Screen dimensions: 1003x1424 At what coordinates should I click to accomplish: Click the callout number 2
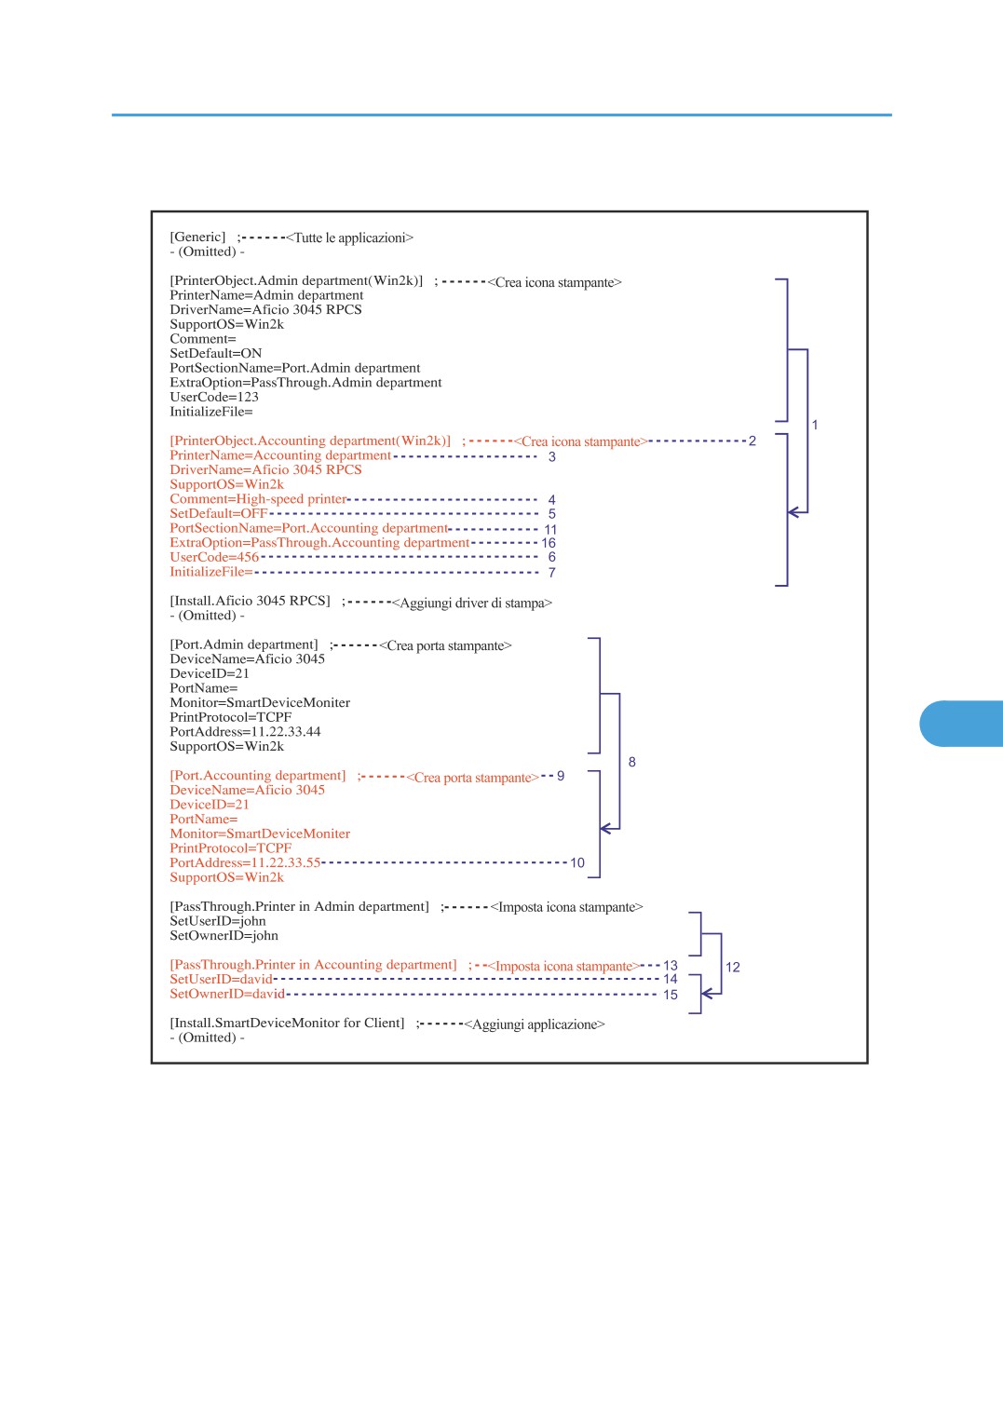752,441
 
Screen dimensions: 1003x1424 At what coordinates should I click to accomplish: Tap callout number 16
548,543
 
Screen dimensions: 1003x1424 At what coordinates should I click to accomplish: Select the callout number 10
577,862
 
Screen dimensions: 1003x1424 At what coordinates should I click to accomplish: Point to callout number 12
732,967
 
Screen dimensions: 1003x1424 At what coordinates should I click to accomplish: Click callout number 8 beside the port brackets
631,762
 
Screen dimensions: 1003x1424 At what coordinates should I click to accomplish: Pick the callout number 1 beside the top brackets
815,425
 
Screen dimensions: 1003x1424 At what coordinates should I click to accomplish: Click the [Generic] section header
197,237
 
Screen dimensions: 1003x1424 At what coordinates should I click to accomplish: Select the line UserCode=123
214,397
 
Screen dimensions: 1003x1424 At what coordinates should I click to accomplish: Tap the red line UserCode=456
214,557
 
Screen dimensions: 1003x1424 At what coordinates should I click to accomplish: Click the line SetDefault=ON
215,353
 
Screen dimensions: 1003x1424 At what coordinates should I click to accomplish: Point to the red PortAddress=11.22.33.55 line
245,862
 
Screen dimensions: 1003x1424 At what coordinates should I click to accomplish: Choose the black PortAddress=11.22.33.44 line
245,732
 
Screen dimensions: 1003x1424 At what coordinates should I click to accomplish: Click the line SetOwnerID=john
224,935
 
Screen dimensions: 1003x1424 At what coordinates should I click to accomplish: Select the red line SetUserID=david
222,979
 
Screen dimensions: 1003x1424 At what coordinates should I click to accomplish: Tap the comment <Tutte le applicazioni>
349,237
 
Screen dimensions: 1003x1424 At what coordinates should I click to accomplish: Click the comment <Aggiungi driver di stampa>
471,603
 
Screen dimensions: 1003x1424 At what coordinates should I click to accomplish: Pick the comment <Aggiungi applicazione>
535,1024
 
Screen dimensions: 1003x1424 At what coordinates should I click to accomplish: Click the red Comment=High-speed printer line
259,499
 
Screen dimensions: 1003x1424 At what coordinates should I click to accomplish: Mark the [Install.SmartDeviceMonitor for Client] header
287,1023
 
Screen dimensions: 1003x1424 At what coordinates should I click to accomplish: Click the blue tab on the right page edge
962,724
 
